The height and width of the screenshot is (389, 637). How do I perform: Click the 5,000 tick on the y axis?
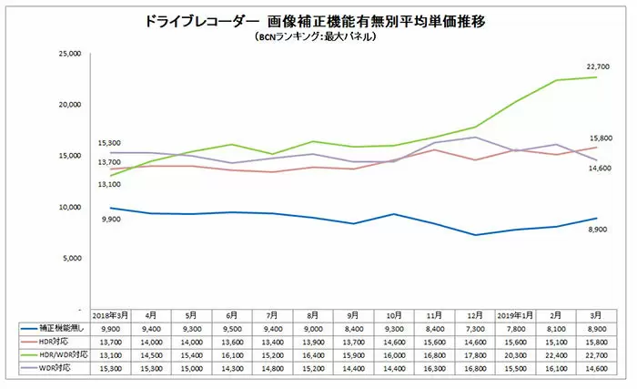pos(73,258)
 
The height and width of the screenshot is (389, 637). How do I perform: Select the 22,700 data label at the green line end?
pos(597,67)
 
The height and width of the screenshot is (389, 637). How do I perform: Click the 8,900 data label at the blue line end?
pos(597,234)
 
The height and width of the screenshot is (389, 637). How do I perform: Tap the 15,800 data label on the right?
pos(597,138)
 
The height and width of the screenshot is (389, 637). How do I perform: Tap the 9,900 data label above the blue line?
pos(111,220)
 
